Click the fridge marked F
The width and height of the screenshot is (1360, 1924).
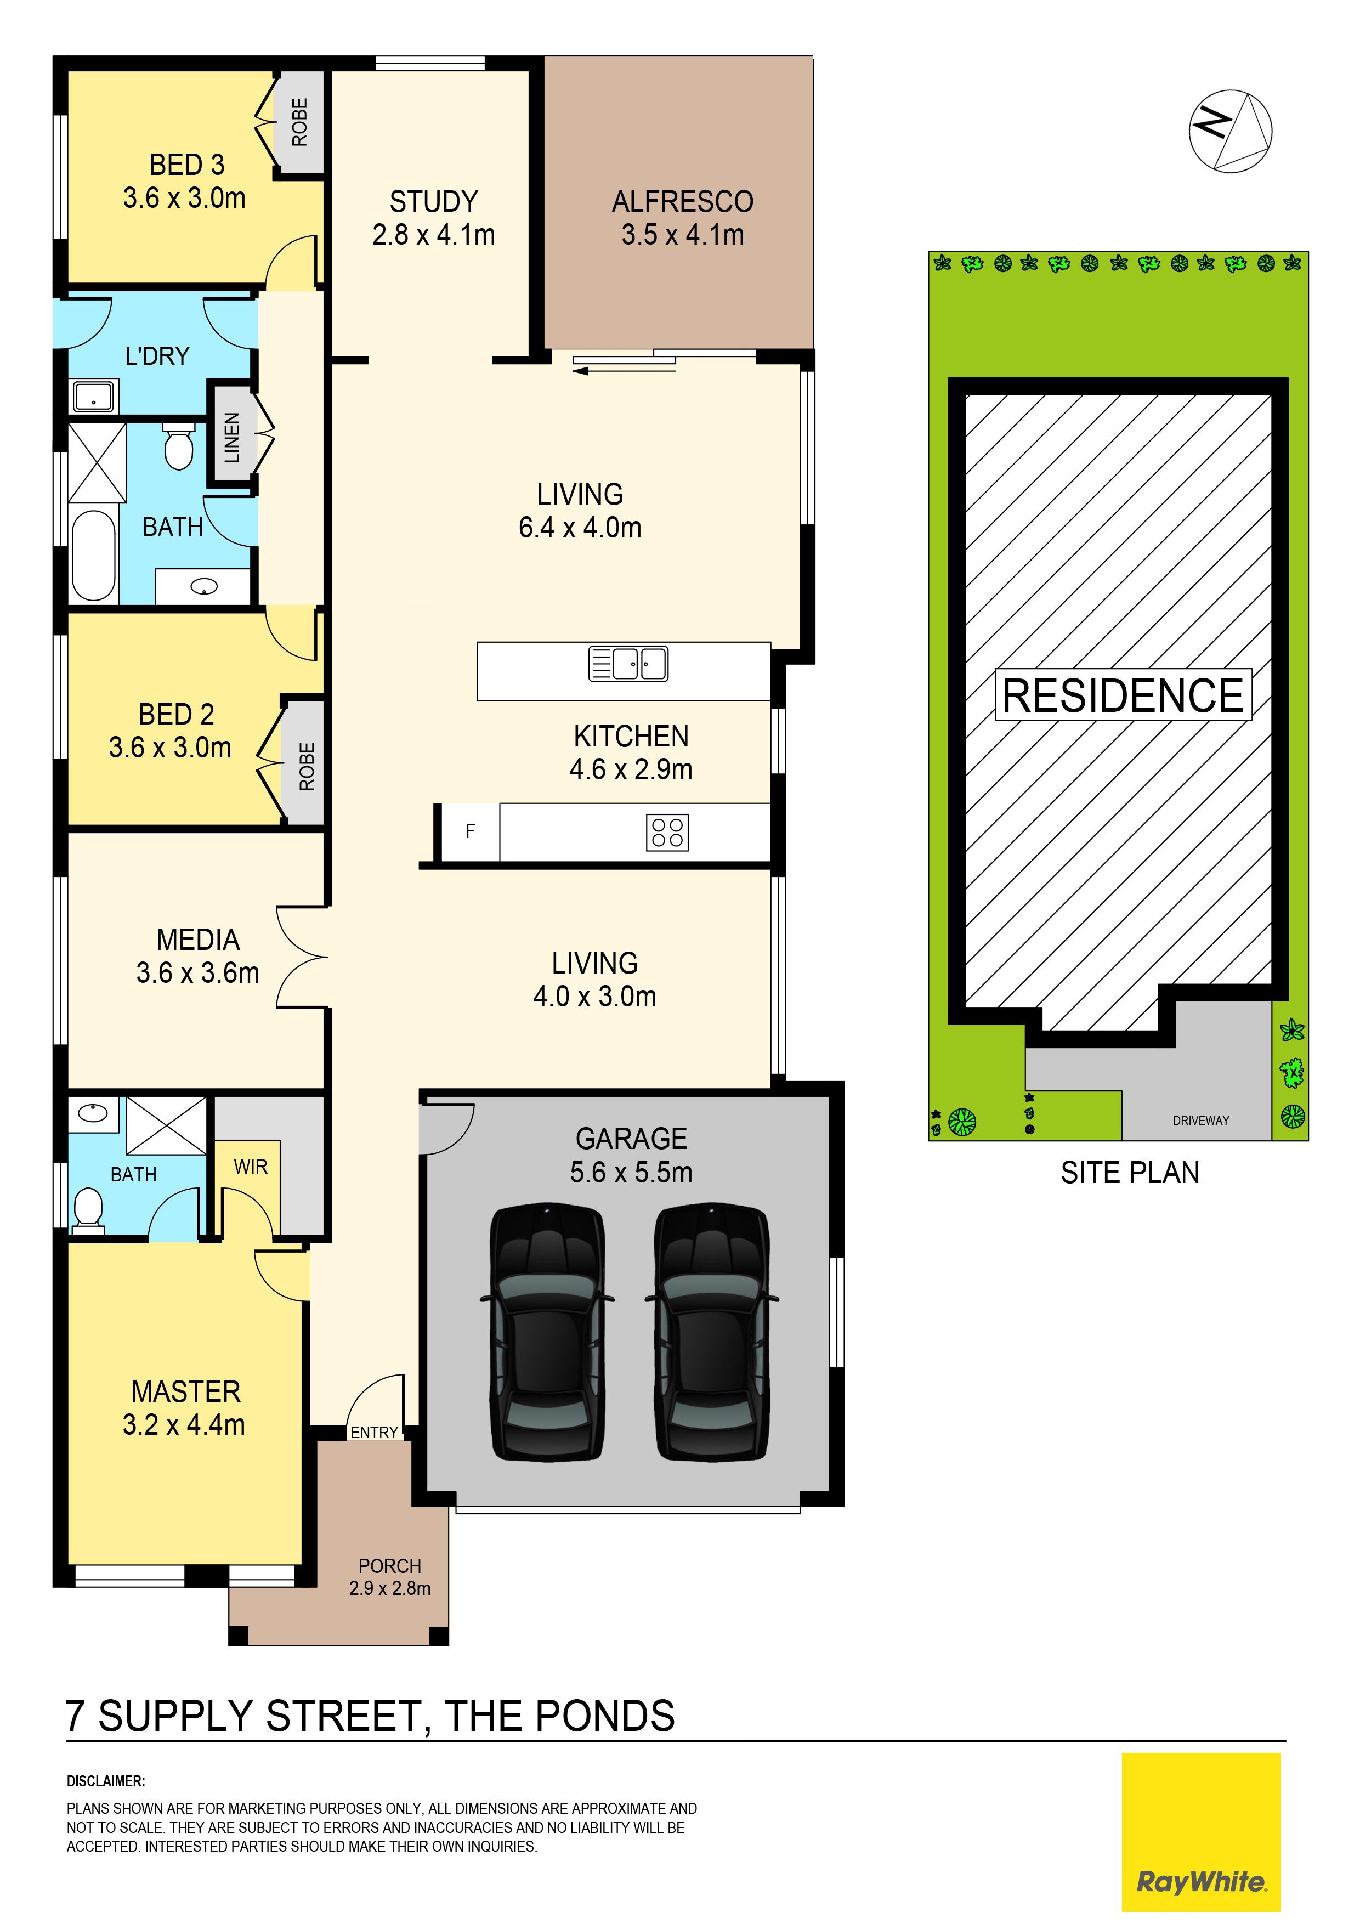point(470,831)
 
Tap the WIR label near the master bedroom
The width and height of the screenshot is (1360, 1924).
point(251,1167)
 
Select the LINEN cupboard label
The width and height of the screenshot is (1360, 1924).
point(232,438)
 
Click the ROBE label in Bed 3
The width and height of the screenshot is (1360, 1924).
point(299,122)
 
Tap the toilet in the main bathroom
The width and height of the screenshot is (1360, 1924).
point(178,445)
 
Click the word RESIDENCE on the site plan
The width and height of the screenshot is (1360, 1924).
point(1123,695)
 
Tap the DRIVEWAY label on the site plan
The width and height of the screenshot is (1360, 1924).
point(1201,1121)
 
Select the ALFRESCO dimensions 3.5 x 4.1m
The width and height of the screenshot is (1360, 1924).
point(682,235)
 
